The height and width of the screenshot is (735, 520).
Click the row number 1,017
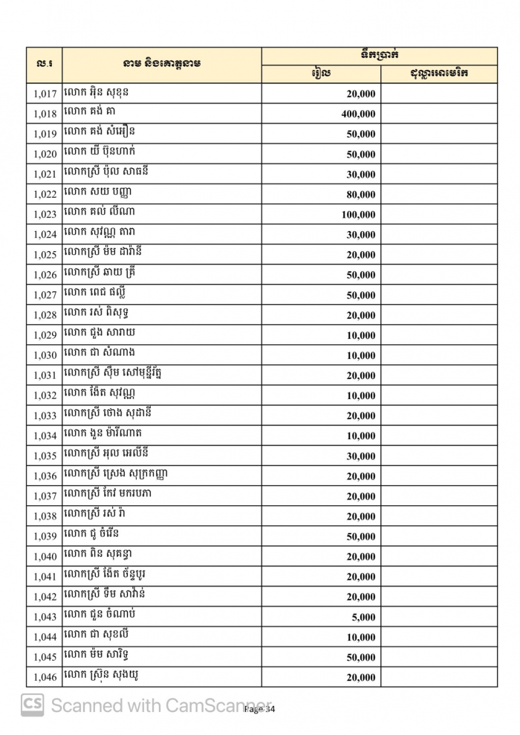pos(45,94)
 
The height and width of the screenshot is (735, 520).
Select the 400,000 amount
pos(357,114)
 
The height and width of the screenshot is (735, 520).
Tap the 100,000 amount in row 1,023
pos(357,215)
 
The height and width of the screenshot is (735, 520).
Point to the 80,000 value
pos(361,195)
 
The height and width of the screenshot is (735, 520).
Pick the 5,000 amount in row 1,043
pos(364,617)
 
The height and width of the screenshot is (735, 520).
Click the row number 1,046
pos(45,677)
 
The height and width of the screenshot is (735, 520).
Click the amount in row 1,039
pos(361,537)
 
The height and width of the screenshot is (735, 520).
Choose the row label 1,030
pos(45,356)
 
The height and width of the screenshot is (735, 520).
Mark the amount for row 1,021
pos(361,175)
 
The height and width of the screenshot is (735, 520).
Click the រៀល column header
pos(321,74)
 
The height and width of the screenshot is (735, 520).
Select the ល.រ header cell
pos(44,65)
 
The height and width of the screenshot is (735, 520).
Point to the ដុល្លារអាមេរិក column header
pos(438,74)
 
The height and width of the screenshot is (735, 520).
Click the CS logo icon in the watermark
pos(32,704)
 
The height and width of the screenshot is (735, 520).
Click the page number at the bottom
pos(260,710)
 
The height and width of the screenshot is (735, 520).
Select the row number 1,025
pos(45,255)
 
